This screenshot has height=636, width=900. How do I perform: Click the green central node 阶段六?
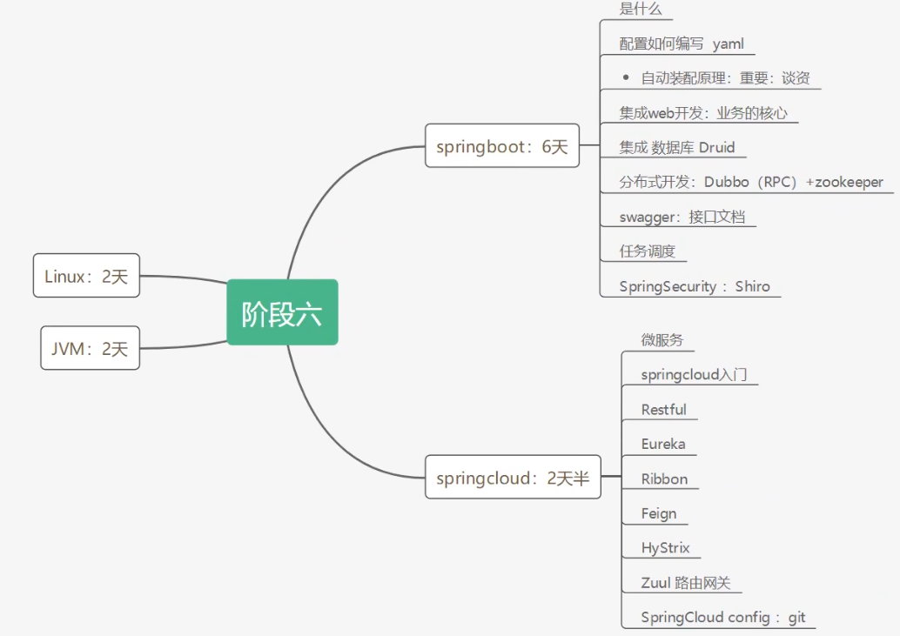coord(282,312)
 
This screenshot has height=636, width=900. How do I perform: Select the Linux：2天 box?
coord(86,276)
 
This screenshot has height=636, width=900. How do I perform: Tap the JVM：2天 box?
coord(90,348)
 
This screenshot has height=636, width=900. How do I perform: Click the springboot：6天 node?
coord(501,146)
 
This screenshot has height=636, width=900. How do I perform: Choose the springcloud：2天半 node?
coord(513,478)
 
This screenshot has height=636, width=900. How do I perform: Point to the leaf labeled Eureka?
coord(663,444)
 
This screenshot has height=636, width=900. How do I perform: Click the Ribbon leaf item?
coord(664,479)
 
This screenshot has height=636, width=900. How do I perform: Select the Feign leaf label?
coord(659,513)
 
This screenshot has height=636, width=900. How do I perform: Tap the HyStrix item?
coord(665,548)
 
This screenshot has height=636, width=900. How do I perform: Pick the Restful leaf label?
coord(663,409)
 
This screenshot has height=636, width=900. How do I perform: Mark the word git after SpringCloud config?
coord(796,618)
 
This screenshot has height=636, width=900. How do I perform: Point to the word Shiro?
coord(752,286)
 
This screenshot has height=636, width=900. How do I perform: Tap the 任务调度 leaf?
coord(647,251)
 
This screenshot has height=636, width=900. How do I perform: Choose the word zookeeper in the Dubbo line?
coord(849,182)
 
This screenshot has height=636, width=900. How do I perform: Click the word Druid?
coord(716,147)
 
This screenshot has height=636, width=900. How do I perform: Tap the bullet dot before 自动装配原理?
coord(626,77)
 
